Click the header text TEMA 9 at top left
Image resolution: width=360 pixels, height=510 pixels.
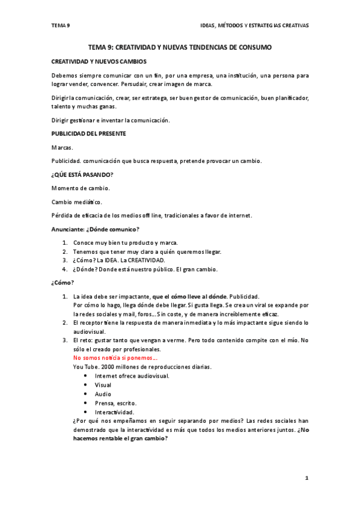coord(61,25)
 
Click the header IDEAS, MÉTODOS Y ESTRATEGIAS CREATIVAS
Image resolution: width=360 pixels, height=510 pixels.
coord(254,25)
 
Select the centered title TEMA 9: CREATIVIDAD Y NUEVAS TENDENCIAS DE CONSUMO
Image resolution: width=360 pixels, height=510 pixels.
coord(180,47)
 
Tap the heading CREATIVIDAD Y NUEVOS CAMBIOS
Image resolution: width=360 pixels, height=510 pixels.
coord(99,61)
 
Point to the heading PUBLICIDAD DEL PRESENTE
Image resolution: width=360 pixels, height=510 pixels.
coord(88,134)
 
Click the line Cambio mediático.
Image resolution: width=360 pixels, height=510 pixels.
coord(77,202)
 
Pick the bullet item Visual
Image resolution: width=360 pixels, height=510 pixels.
coord(103,385)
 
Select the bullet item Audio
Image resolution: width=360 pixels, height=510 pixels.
coord(103,394)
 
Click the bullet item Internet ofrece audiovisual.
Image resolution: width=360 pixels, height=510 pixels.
coord(132,376)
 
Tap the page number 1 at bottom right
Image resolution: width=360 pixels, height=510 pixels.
coord(306,478)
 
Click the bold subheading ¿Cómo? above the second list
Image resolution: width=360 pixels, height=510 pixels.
coord(63,283)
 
